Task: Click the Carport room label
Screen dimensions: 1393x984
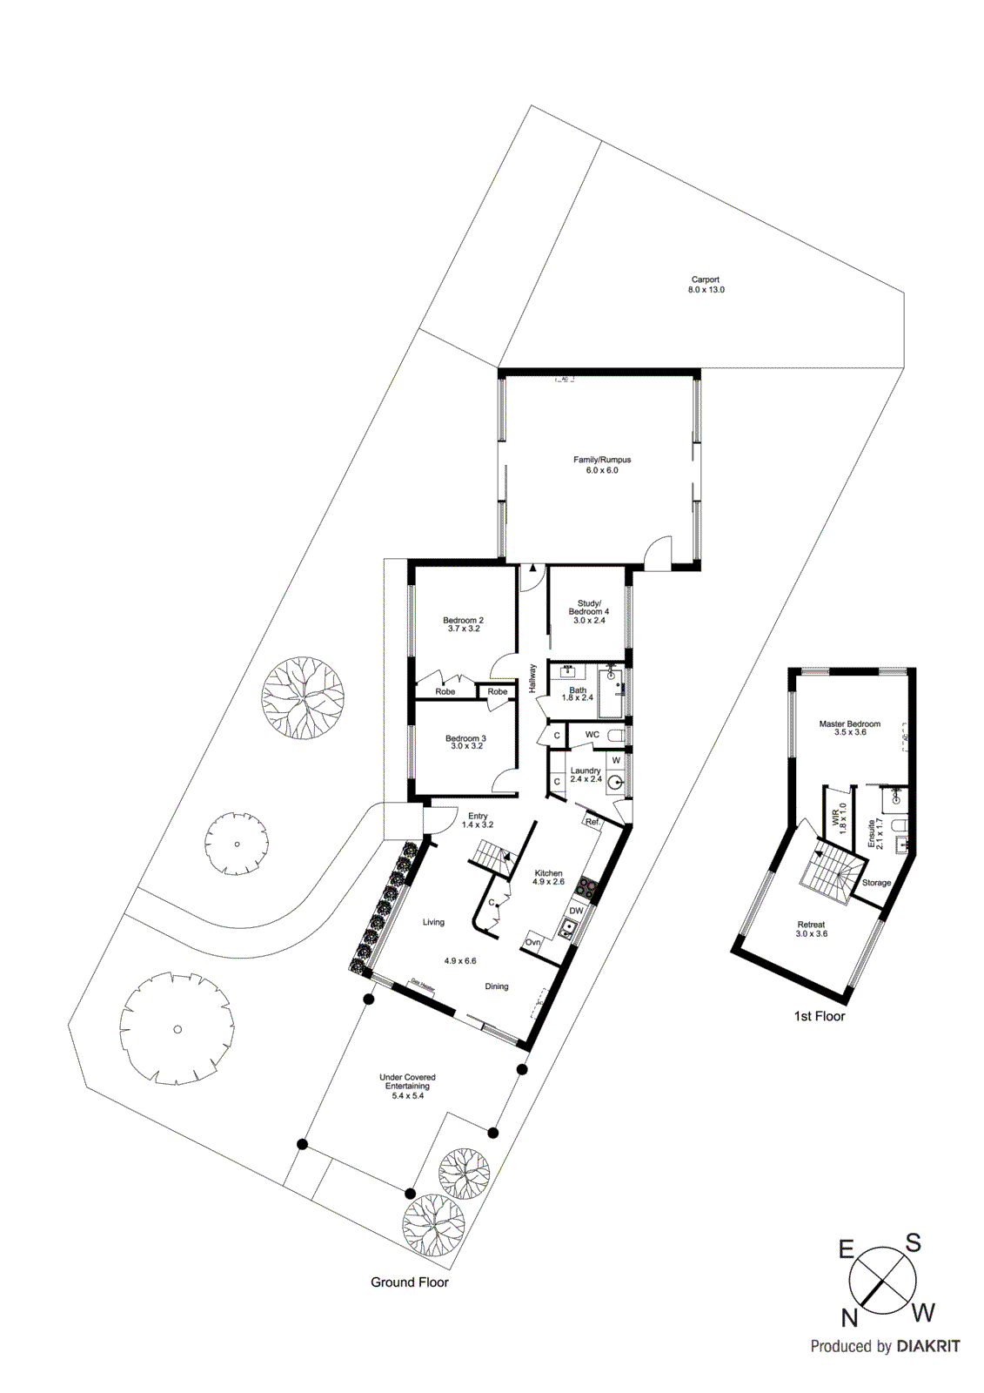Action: point(706,285)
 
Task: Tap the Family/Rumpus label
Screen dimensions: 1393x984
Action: point(602,465)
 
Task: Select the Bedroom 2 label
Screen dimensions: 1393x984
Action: point(464,624)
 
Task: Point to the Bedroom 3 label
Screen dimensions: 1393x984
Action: point(465,742)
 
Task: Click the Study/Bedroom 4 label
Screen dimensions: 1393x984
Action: point(589,611)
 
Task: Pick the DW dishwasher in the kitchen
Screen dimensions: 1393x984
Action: point(576,911)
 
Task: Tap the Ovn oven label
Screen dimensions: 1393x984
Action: point(533,942)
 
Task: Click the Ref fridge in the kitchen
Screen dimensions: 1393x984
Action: point(592,822)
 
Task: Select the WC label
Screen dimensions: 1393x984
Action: point(592,735)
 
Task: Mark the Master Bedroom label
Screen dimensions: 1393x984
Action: point(850,728)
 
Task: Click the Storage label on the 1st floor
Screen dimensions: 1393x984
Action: point(876,883)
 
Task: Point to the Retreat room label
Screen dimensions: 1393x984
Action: point(811,929)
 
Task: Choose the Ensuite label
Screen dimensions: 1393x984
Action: point(872,834)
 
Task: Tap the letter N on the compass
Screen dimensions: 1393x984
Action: point(849,1318)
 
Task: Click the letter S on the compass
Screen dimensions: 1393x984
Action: point(914,1243)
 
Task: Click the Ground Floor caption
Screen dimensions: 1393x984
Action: point(410,1282)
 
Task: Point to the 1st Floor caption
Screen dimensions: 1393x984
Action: point(820,1016)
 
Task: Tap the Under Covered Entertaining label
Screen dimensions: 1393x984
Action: point(407,1086)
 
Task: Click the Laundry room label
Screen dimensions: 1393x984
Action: point(586,774)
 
